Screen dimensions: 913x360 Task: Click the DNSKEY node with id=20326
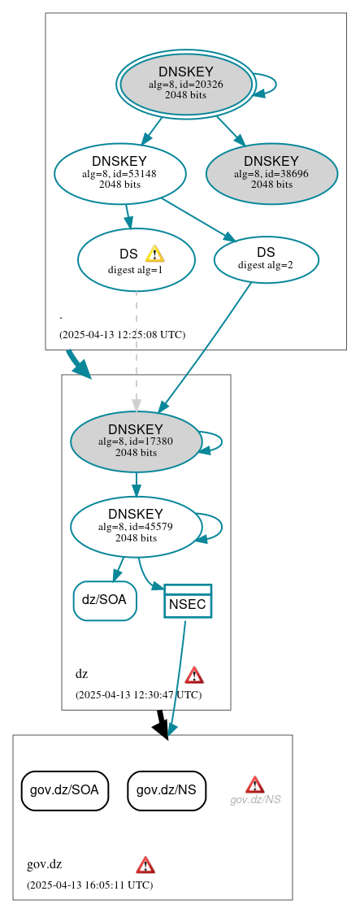186,84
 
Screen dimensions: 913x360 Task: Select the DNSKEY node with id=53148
119,173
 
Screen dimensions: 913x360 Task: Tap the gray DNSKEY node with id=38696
271,173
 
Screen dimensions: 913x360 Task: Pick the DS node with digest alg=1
136,260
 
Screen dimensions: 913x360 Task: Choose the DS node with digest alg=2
266,258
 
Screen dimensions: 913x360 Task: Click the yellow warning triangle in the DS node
154,254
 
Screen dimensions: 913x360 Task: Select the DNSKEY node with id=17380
136,441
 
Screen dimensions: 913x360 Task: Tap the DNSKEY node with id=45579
136,527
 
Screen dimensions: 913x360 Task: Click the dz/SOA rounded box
105,601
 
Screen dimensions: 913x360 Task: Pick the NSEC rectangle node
188,601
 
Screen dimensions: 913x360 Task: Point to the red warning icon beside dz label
194,675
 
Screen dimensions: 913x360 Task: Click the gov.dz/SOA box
65,789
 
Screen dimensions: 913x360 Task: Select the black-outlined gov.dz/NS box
167,789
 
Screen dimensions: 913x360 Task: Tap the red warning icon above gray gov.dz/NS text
255,784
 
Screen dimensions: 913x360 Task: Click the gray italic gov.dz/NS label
255,800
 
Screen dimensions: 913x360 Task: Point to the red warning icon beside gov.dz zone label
145,864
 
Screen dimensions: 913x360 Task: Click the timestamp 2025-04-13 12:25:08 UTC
122,335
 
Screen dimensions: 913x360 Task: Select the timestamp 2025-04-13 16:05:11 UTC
89,885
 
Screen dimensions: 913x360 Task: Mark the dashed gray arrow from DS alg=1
137,350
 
